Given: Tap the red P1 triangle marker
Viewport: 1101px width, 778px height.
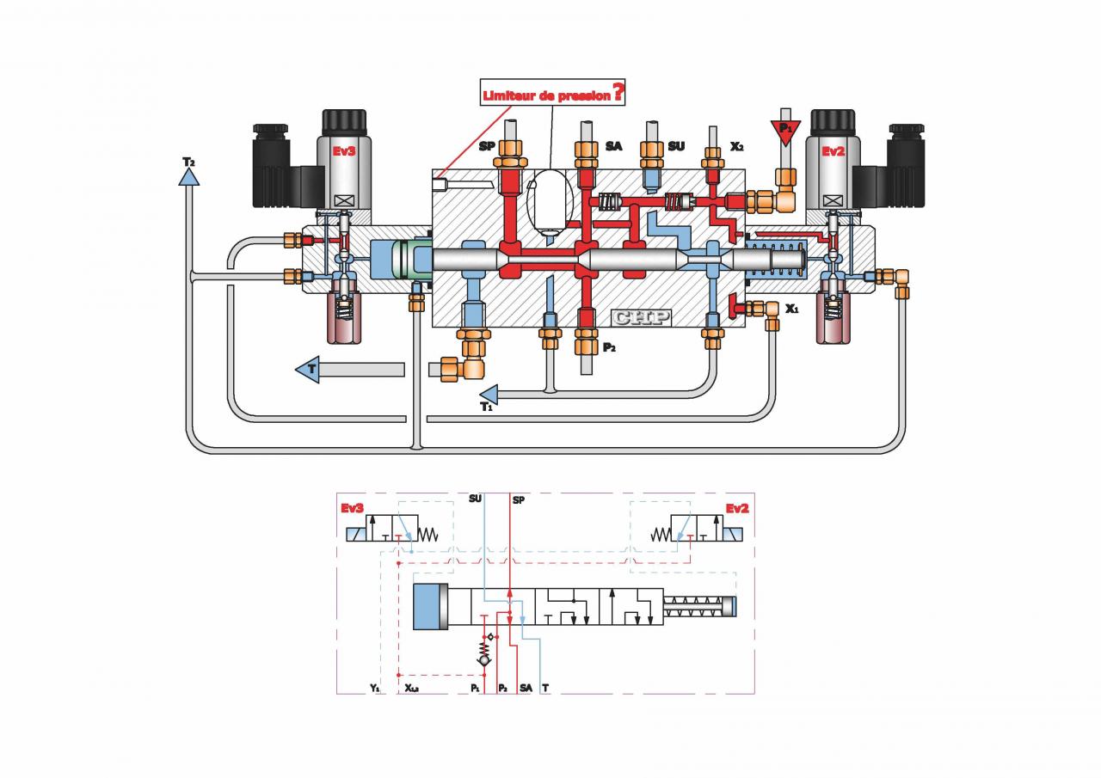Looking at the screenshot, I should (x=784, y=131).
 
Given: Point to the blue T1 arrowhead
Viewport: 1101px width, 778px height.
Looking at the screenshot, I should (x=489, y=395).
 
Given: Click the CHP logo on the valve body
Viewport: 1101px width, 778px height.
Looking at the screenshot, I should (x=641, y=316).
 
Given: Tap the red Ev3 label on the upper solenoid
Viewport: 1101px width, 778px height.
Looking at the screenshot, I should (x=344, y=151).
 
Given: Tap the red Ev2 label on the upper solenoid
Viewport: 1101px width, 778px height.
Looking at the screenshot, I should (x=833, y=151).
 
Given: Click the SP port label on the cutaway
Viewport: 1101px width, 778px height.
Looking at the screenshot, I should (x=488, y=146).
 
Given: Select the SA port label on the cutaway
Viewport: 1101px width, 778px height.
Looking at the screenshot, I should (x=613, y=146).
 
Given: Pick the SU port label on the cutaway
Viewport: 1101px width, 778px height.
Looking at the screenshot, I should (x=676, y=146).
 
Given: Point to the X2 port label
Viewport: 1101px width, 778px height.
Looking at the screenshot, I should (x=736, y=146).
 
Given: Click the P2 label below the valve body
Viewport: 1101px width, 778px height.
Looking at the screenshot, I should (x=610, y=347).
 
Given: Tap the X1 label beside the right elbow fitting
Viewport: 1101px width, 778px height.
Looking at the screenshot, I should (x=792, y=307).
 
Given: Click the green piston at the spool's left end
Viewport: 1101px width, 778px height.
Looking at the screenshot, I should (x=409, y=260).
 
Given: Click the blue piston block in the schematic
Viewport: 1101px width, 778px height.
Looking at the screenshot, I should (x=431, y=607).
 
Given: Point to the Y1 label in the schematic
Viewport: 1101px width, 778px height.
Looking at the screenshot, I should (x=374, y=689).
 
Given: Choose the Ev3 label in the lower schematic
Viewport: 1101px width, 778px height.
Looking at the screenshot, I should (x=352, y=508).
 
